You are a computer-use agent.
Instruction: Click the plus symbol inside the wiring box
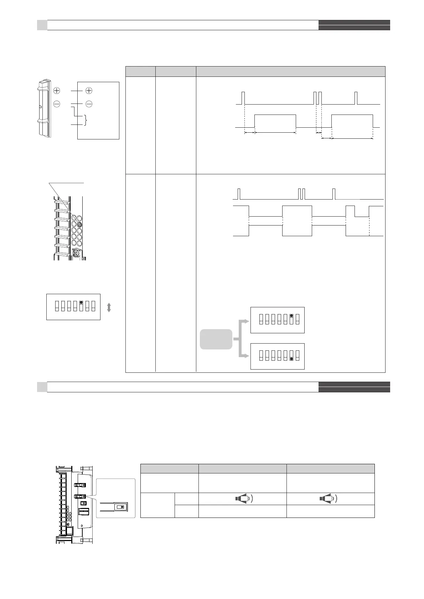(x=89, y=91)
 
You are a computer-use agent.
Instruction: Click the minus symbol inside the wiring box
(x=89, y=104)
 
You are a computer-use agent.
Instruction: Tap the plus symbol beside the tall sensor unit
(x=57, y=91)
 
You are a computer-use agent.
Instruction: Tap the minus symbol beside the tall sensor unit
(x=57, y=104)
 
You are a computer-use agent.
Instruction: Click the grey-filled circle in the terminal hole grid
(x=79, y=224)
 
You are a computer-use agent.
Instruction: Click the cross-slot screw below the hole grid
(x=76, y=254)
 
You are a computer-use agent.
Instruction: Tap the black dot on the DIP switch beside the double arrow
(x=82, y=302)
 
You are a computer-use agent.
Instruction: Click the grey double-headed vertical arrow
(x=109, y=307)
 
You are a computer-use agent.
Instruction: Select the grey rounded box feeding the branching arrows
(x=216, y=339)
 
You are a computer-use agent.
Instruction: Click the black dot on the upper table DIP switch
(x=291, y=316)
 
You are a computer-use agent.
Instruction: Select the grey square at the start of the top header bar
(x=42, y=25)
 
